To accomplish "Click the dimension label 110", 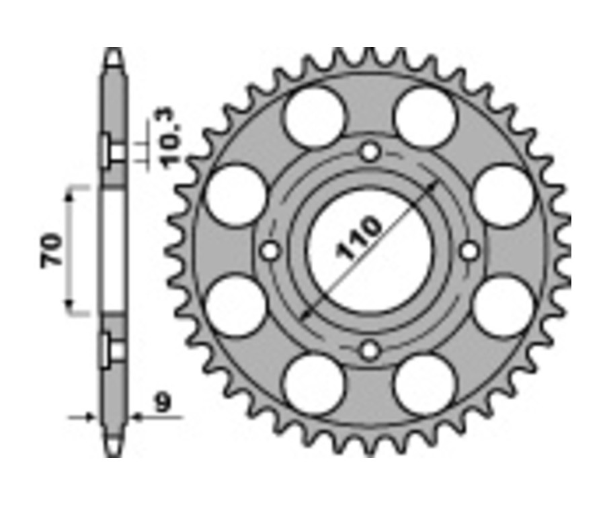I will (360, 238).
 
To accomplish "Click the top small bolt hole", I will (369, 152).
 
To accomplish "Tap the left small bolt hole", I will (270, 250).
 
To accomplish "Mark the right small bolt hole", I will (469, 250).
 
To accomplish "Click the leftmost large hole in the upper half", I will (236, 195).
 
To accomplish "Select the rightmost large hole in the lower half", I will (503, 306).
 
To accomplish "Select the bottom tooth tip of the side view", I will (114, 451).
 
